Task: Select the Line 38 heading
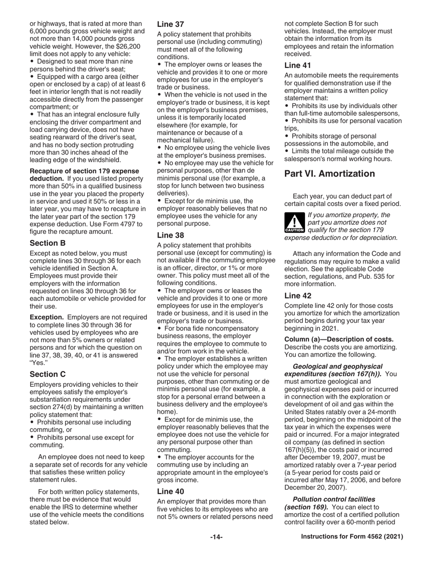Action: tap(170, 235)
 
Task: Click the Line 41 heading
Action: tap(298, 65)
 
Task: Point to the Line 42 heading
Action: tap(298, 295)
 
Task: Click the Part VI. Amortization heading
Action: tap(330, 174)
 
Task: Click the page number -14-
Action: tap(216, 537)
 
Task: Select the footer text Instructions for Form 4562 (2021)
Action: tap(352, 537)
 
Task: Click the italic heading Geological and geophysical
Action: tap(337, 366)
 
